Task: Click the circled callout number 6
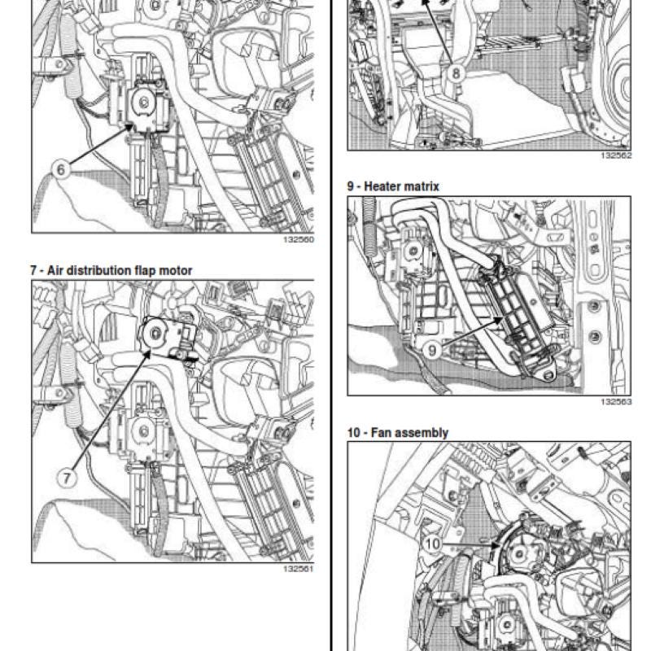click(x=61, y=169)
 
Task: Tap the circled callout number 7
click(x=68, y=478)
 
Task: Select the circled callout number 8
click(x=456, y=73)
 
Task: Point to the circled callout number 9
click(x=432, y=351)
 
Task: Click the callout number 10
click(x=433, y=544)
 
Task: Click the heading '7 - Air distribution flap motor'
click(x=111, y=271)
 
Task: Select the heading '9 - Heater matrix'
click(x=393, y=186)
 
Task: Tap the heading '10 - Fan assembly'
click(x=398, y=433)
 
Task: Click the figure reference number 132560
click(x=299, y=239)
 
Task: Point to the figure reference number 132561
click(x=299, y=569)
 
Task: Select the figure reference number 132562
click(x=616, y=155)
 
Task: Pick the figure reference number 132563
click(x=616, y=402)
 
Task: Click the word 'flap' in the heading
click(x=146, y=271)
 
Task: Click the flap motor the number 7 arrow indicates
click(x=166, y=336)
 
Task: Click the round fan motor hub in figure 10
click(x=519, y=553)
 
